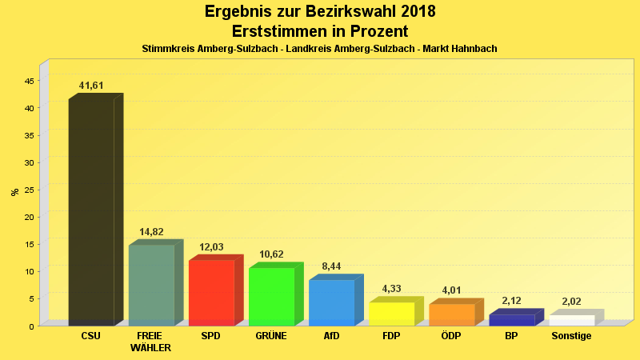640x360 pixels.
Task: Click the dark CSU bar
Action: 91,212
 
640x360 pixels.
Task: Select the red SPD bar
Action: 211,293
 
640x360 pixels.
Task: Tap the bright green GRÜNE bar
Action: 271,297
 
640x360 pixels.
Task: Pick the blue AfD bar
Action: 331,302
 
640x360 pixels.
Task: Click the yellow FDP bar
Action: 391,314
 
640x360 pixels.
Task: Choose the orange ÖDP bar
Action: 451,314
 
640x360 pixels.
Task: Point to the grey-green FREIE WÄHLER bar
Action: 151,285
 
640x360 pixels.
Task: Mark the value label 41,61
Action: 91,86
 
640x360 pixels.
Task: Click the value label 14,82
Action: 151,232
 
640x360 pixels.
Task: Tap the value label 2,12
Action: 511,301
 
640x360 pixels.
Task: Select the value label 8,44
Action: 331,266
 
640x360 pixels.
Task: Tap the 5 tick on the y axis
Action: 31,299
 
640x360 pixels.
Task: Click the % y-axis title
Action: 14,192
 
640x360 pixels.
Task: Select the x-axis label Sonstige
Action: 571,336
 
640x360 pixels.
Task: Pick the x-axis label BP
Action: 511,336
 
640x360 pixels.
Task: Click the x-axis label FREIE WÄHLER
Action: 151,342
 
